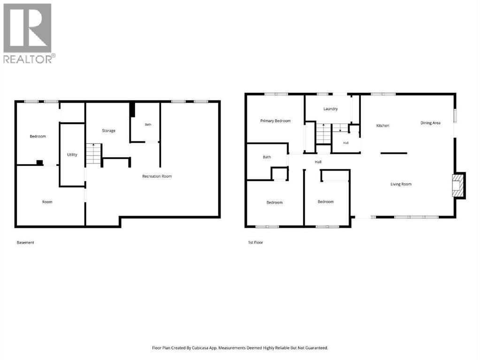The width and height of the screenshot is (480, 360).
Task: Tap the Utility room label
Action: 72,155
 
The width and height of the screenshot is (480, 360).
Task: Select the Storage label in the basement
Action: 109,131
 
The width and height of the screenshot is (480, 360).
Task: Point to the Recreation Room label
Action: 157,176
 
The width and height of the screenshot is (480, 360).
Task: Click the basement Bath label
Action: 148,125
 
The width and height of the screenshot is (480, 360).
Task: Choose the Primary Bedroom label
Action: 275,121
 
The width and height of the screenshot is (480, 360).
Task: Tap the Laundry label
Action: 331,109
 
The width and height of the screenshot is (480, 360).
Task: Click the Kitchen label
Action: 383,126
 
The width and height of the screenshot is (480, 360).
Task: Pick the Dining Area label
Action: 430,123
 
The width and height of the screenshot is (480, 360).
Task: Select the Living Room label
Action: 401,184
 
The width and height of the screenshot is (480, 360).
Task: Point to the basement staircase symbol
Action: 93,154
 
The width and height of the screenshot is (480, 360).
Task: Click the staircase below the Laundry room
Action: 324,134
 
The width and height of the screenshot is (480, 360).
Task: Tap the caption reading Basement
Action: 25,242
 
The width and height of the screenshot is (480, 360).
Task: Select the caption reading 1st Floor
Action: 256,242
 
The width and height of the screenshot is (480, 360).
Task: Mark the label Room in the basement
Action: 47,202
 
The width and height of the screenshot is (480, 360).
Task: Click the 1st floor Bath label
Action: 267,157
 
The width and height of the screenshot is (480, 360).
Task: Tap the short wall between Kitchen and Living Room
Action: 394,153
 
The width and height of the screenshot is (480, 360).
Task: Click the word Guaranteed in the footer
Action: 316,348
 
